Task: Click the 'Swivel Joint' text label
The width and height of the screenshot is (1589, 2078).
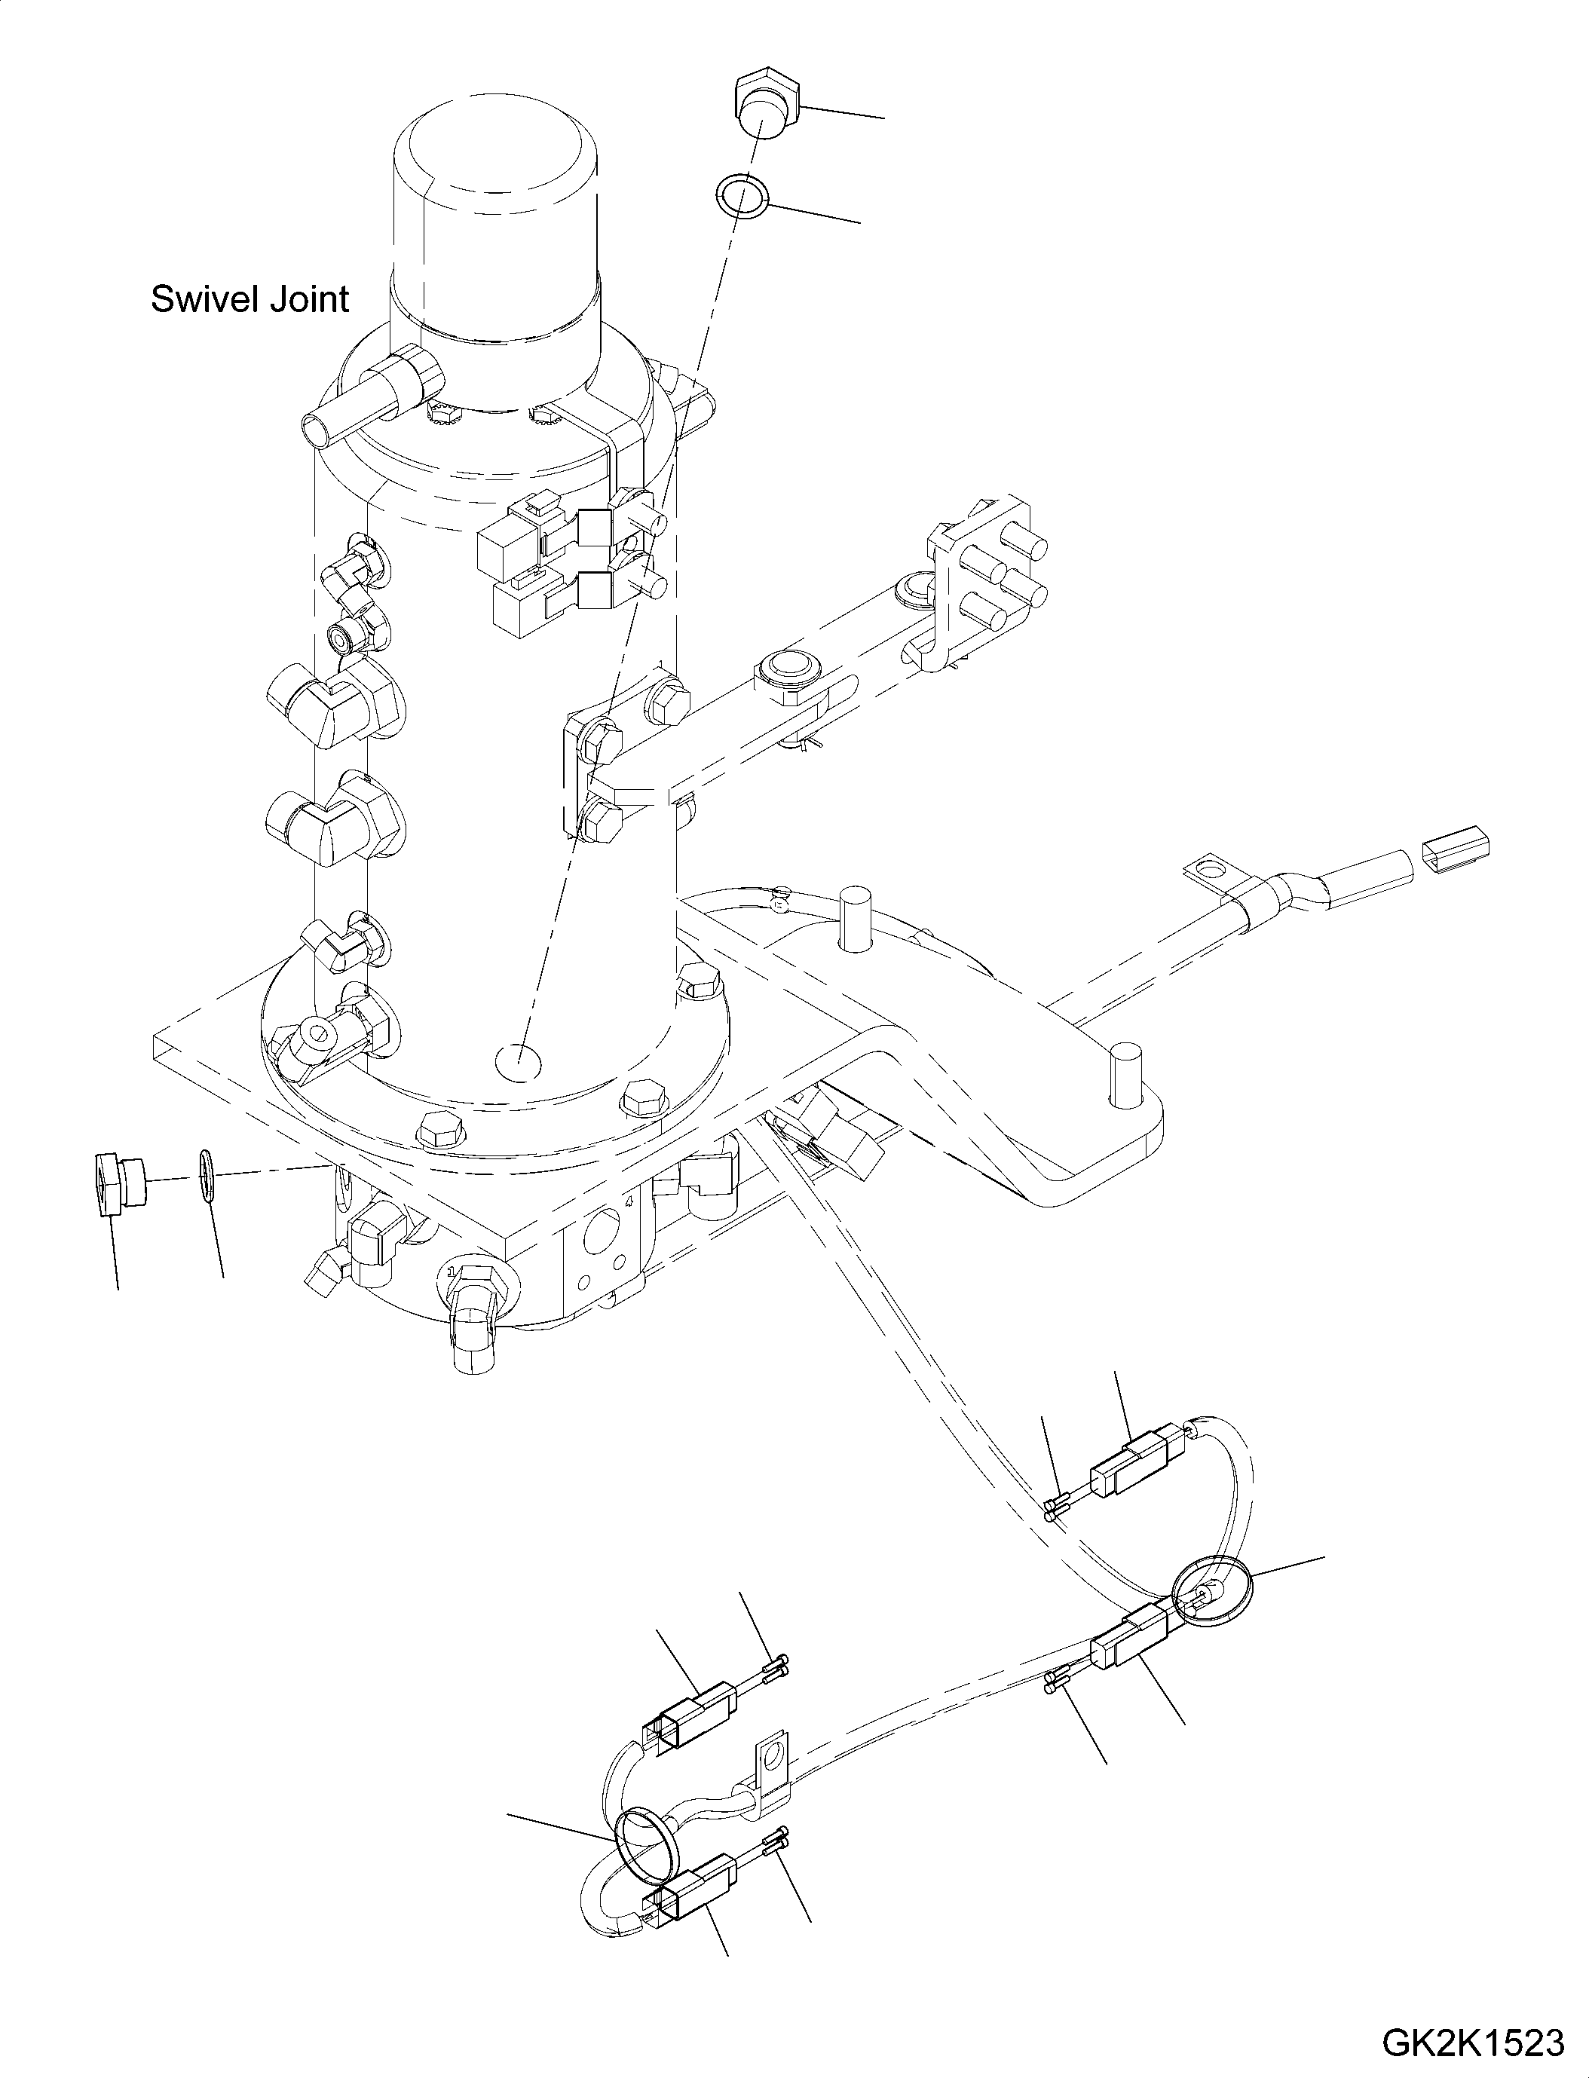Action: point(250,299)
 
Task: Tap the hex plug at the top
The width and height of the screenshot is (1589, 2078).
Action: point(766,106)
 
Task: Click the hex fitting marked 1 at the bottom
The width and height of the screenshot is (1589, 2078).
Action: point(473,1291)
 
